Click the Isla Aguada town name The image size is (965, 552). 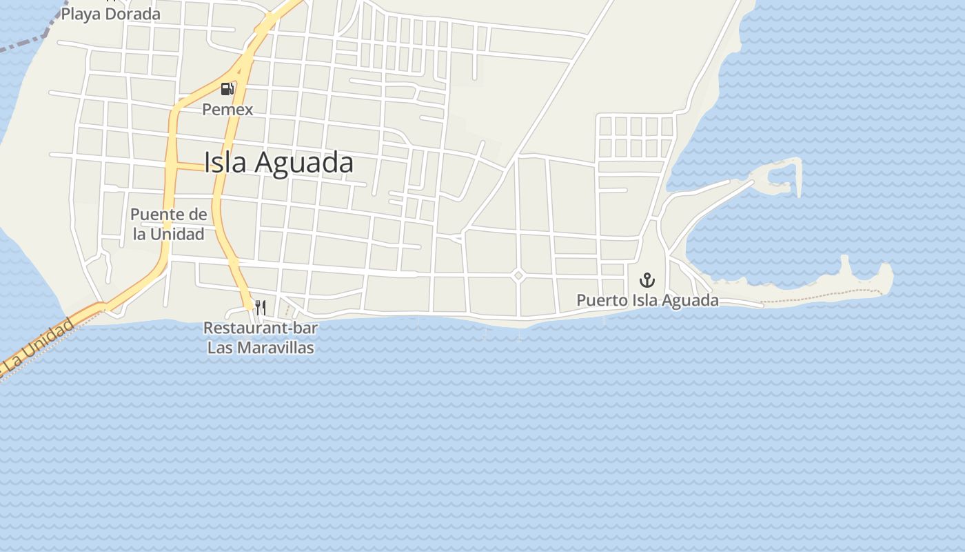pos(278,163)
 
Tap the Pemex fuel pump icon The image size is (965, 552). pos(227,89)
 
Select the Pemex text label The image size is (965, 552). pos(227,109)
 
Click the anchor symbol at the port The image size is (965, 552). pos(647,279)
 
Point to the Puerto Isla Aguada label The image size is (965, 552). pos(647,300)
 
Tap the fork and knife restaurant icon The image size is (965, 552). pos(261,307)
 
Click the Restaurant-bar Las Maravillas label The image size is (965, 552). pos(261,337)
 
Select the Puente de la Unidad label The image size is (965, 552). pos(168,224)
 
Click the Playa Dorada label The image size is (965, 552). pos(110,14)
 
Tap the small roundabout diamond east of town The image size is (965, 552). pos(518,275)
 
